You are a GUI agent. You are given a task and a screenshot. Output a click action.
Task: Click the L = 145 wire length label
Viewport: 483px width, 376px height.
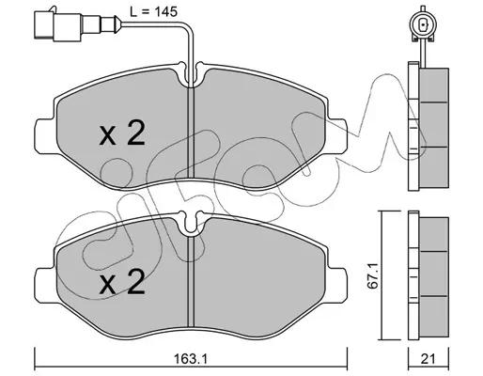(x=153, y=12)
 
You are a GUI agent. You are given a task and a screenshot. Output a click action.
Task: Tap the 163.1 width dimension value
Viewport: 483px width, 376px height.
(x=191, y=359)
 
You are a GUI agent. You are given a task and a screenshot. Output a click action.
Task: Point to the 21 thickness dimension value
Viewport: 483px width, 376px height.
(x=428, y=359)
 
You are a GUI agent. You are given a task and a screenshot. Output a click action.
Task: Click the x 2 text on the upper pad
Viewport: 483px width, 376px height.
(x=122, y=133)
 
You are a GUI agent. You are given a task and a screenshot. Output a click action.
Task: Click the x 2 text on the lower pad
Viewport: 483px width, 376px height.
(x=122, y=282)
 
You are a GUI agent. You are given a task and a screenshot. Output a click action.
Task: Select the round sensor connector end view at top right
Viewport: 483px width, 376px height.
(x=424, y=24)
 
